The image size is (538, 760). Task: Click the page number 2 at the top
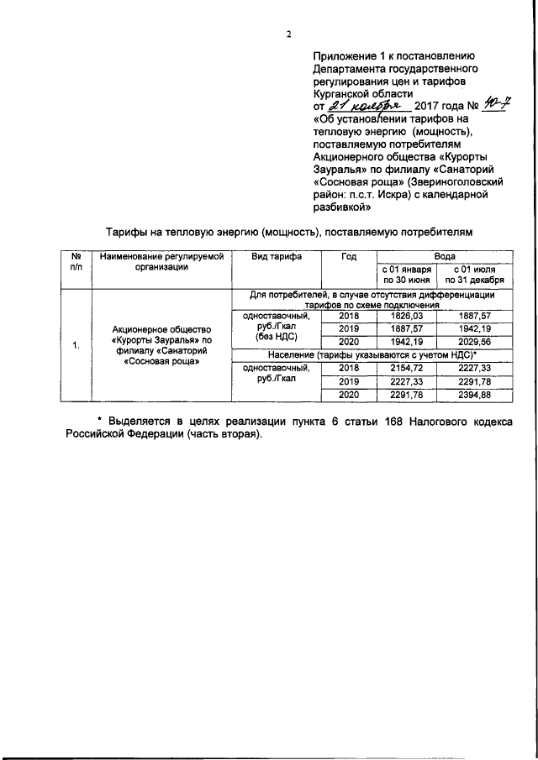coord(287,34)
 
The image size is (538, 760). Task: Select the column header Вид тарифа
coord(277,256)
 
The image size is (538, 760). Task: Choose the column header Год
coord(349,256)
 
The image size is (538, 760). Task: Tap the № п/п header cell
coord(75,261)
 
